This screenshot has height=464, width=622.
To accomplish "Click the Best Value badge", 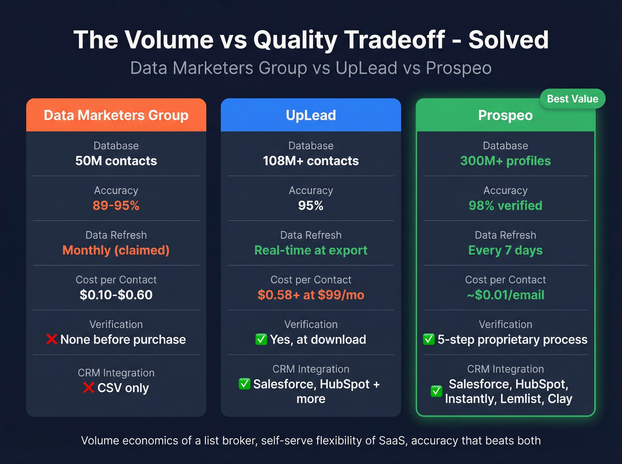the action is pyautogui.click(x=572, y=99).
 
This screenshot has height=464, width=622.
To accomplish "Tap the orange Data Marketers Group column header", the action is pyautogui.click(x=116, y=115).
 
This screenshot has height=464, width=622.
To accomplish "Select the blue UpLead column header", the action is pyautogui.click(x=311, y=115).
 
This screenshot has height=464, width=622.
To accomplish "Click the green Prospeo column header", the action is pyautogui.click(x=506, y=115).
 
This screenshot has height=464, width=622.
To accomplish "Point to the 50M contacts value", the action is pyautogui.click(x=116, y=161).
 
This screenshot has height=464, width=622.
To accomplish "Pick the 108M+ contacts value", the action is pyautogui.click(x=311, y=161).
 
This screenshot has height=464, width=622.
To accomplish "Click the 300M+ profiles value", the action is pyautogui.click(x=506, y=161).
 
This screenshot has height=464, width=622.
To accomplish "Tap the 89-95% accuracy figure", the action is pyautogui.click(x=116, y=206).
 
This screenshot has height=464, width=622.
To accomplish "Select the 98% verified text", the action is pyautogui.click(x=506, y=206).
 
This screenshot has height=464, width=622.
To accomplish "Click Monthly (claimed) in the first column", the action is pyautogui.click(x=116, y=250).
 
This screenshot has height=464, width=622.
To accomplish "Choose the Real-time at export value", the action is pyautogui.click(x=311, y=250).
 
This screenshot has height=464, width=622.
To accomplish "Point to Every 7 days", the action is pyautogui.click(x=506, y=250).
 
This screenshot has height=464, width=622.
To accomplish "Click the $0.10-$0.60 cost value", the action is pyautogui.click(x=116, y=295).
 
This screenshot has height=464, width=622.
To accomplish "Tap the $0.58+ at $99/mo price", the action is pyautogui.click(x=311, y=295).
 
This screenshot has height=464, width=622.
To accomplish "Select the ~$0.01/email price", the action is pyautogui.click(x=506, y=295).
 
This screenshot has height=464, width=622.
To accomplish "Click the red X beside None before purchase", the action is pyautogui.click(x=52, y=339).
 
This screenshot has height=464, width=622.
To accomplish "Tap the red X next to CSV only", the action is pyautogui.click(x=89, y=388).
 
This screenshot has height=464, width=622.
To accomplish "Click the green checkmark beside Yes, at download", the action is pyautogui.click(x=261, y=339).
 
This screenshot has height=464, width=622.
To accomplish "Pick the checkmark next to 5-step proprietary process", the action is pyautogui.click(x=429, y=339).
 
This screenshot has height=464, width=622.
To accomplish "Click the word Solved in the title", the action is pyautogui.click(x=509, y=40).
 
